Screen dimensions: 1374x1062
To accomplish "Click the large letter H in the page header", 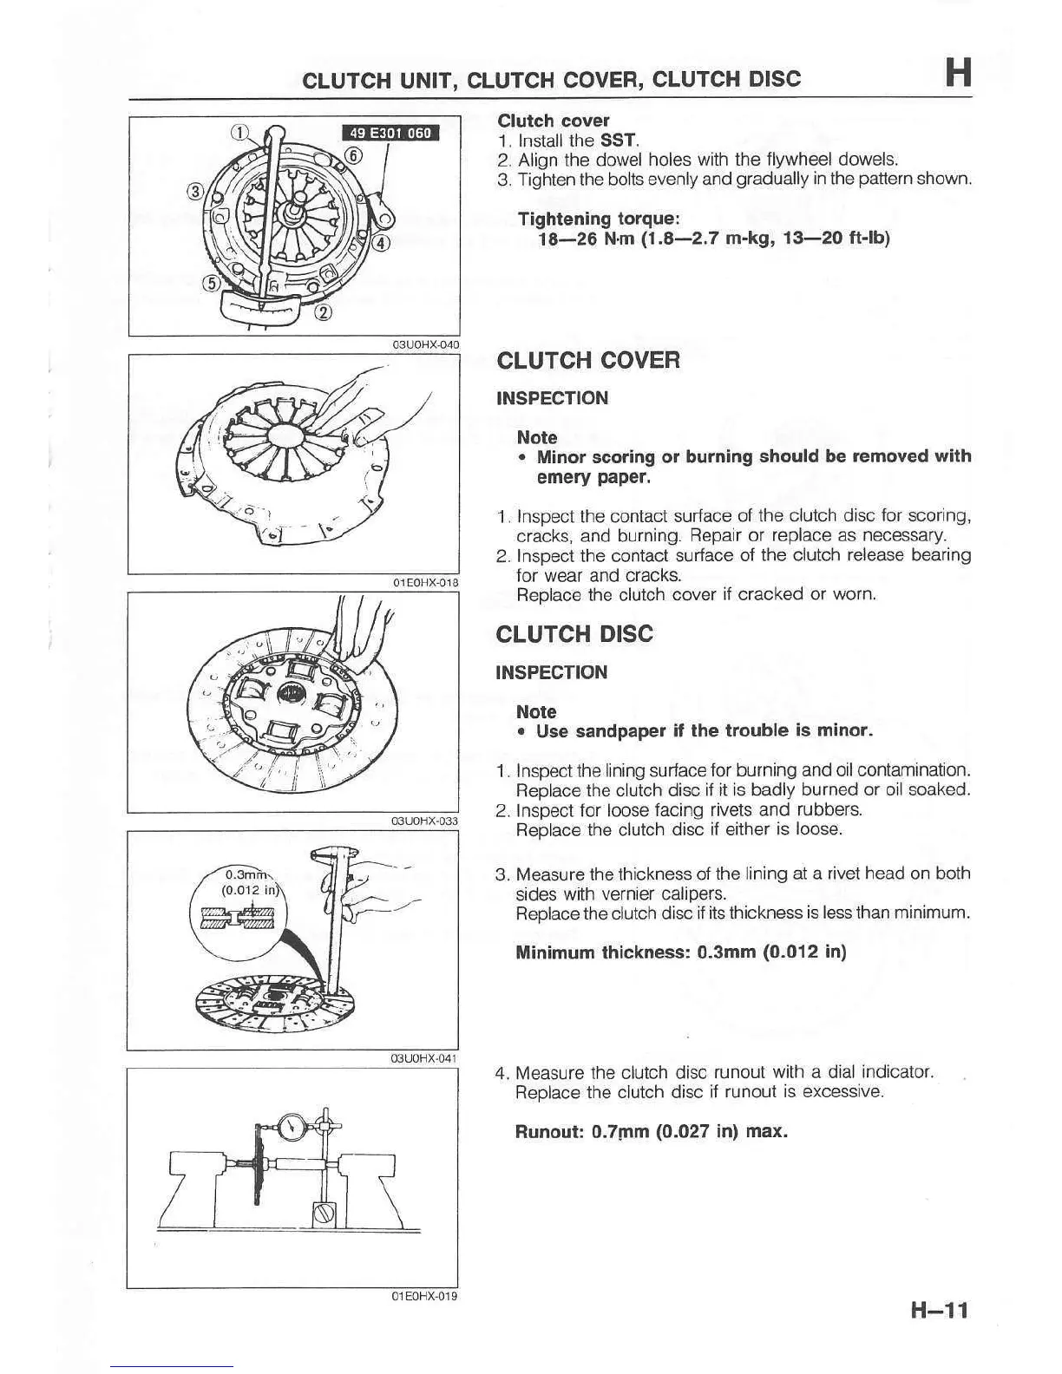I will tap(957, 73).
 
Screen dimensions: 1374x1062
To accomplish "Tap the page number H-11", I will tap(939, 1309).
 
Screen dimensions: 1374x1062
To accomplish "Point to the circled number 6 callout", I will tap(353, 155).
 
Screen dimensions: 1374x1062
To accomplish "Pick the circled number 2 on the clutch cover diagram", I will tap(322, 312).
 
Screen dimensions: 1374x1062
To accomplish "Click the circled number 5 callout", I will tap(211, 283).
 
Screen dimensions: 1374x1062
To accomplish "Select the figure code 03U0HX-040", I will tap(425, 344).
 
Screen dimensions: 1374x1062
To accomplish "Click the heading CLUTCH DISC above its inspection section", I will tap(574, 634).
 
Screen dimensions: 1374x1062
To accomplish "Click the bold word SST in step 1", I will tap(619, 140).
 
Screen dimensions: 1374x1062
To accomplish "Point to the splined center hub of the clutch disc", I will tap(291, 694).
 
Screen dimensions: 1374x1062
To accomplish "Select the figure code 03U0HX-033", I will tap(424, 820).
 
